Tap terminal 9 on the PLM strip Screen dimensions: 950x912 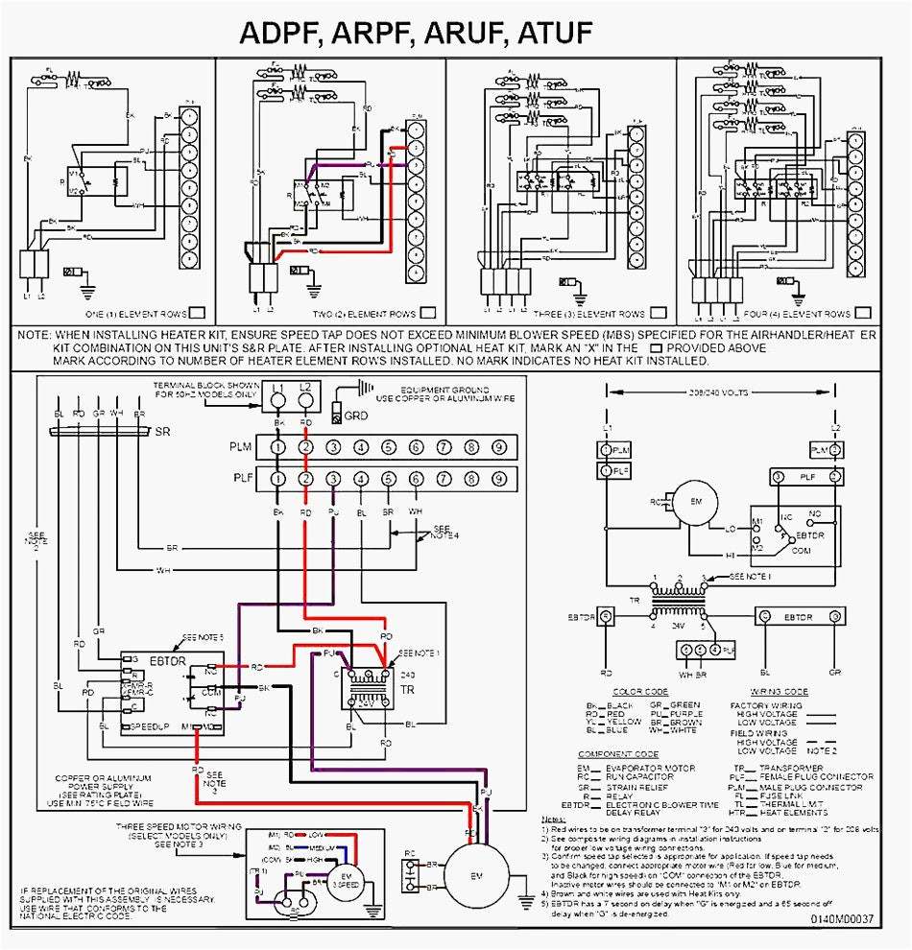point(499,447)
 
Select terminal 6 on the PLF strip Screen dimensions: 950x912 point(416,479)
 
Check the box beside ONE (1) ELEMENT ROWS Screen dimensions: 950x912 point(197,313)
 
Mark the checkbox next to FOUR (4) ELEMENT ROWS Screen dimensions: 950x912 point(863,313)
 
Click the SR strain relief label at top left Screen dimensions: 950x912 point(162,433)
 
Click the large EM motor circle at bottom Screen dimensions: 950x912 point(477,877)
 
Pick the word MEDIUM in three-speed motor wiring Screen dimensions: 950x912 point(322,848)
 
